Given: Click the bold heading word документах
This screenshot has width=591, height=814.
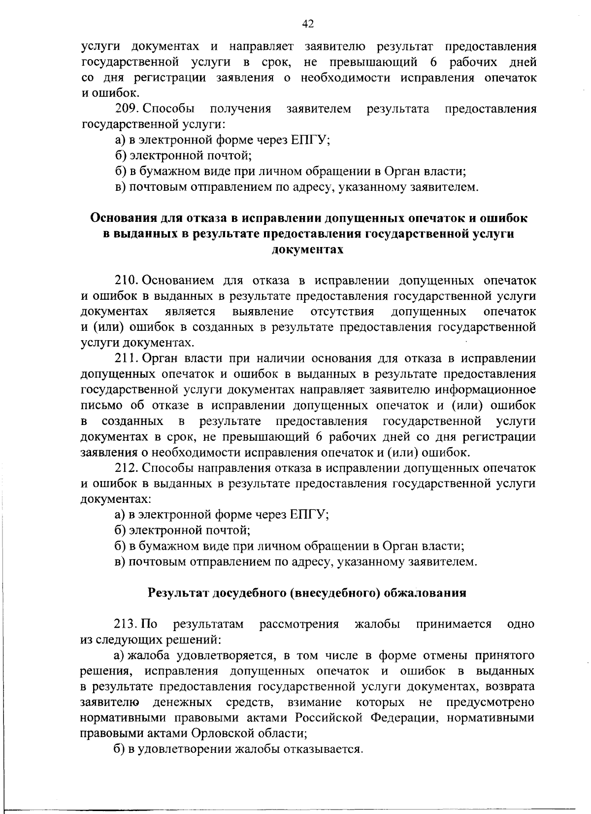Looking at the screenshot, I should (308, 249).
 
